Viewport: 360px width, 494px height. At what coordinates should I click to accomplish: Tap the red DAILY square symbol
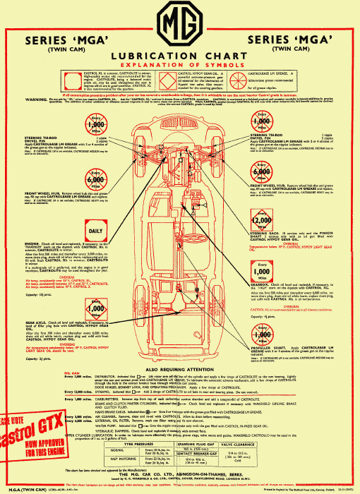pos(95,231)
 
